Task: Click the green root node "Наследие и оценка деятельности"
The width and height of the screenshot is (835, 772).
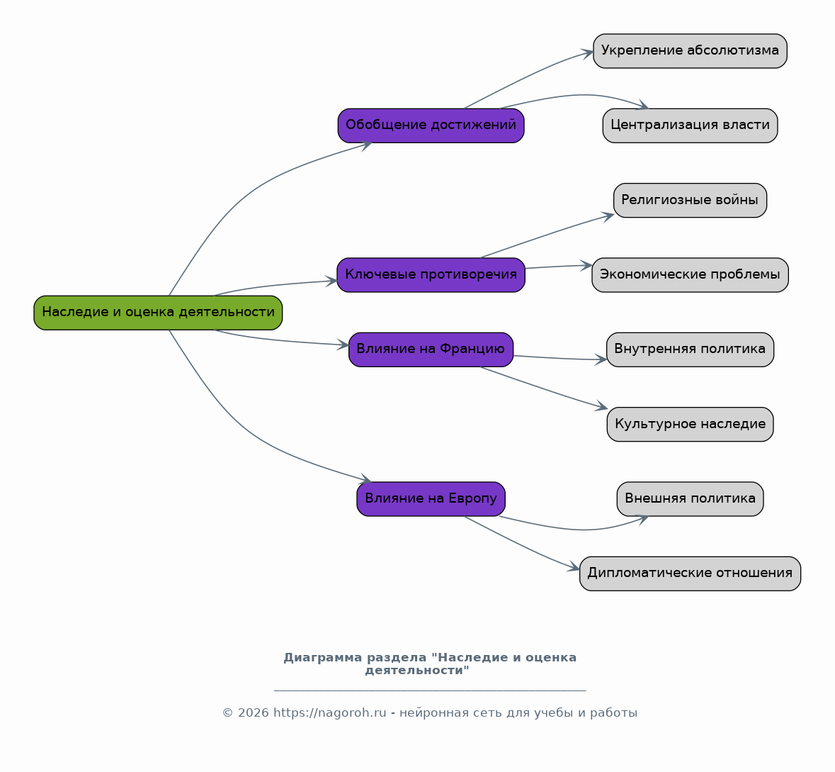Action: click(158, 313)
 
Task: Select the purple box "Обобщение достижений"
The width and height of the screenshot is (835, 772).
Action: click(431, 125)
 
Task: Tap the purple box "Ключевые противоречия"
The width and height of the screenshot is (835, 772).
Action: click(431, 274)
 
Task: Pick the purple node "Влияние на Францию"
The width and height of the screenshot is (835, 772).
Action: click(431, 349)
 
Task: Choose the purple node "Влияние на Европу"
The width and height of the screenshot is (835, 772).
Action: click(431, 498)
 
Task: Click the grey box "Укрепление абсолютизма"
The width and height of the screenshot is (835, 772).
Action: click(690, 50)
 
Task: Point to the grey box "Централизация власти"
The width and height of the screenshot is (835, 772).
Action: click(690, 125)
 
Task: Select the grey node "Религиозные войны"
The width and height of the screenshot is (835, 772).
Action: click(690, 200)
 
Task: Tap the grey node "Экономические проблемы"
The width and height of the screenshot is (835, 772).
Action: click(690, 274)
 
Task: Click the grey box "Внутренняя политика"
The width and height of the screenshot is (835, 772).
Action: click(690, 349)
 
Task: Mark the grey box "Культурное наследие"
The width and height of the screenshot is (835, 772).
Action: click(690, 424)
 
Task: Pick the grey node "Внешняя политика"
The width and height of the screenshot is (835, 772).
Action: click(690, 498)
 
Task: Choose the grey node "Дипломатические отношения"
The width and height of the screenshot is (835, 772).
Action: click(690, 573)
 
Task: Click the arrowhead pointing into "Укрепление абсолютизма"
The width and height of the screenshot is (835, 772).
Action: click(587, 53)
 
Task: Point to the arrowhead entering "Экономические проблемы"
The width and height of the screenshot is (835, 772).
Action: click(586, 265)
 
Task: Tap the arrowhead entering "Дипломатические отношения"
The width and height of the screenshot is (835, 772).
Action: click(574, 567)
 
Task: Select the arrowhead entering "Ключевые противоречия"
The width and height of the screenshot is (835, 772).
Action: click(331, 281)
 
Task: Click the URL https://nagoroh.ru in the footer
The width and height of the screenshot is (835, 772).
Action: click(329, 713)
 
